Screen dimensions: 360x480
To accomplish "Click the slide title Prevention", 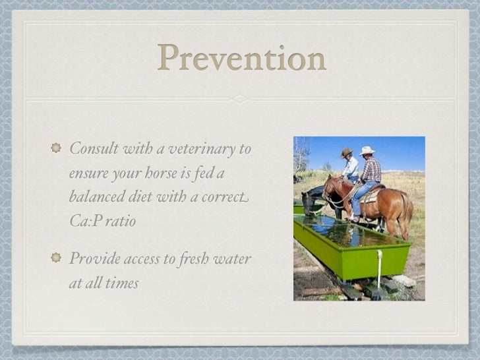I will pyautogui.click(x=241, y=59).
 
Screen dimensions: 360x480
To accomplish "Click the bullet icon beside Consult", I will pyautogui.click(x=55, y=148).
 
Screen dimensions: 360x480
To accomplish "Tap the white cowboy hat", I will pyautogui.click(x=367, y=150).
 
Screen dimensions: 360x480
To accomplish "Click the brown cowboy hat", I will pyautogui.click(x=346, y=153).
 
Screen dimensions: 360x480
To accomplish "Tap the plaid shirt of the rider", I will pyautogui.click(x=371, y=169).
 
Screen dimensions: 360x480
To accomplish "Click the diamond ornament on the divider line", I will pyautogui.click(x=240, y=99).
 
